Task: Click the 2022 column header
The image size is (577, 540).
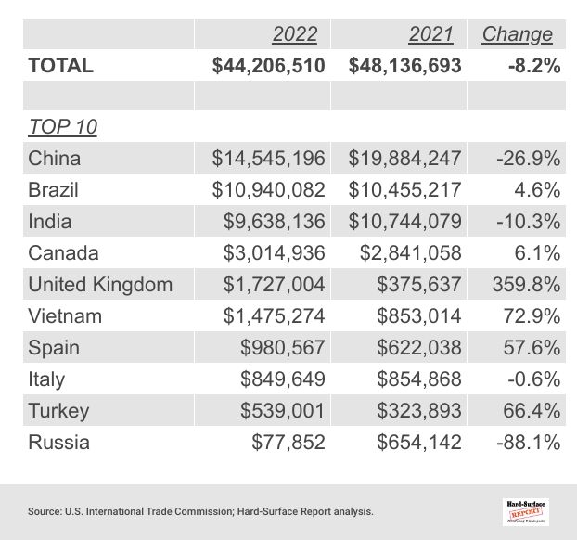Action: point(294,34)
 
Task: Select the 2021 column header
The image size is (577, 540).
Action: point(430,34)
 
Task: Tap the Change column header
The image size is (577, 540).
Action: point(517,34)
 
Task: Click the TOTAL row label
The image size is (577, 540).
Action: point(61,66)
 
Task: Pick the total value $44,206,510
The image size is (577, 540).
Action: point(268,66)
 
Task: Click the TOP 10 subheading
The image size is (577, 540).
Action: point(63,127)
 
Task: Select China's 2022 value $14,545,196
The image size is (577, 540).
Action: point(269,159)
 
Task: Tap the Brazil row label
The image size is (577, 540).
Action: point(54,190)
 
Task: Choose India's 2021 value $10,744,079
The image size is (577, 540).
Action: point(404,222)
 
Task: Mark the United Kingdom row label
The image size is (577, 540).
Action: point(100,285)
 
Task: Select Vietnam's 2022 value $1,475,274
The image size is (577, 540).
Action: point(275,316)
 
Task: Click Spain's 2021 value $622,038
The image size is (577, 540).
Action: point(418,348)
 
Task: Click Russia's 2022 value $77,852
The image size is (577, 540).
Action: point(288,443)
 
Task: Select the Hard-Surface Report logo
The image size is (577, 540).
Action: point(525,510)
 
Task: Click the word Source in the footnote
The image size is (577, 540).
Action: point(45,511)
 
